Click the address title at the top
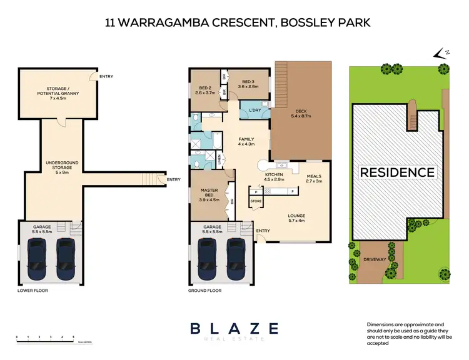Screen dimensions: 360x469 tap(237, 23)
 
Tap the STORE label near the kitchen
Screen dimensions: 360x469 tap(256, 201)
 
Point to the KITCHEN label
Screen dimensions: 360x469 tap(274, 175)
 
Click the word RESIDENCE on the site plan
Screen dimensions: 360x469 tap(396, 172)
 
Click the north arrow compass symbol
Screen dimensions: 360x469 tap(441, 54)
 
